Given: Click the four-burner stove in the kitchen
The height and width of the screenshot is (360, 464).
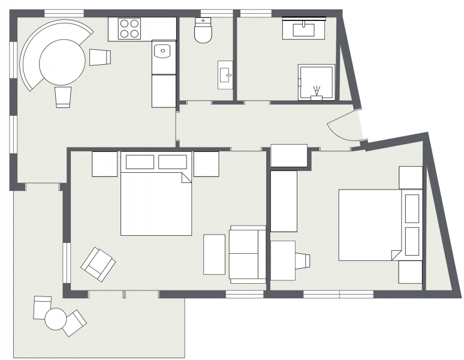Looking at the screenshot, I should pyautogui.click(x=129, y=29).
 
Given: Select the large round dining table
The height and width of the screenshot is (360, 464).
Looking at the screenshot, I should pyautogui.click(x=62, y=62).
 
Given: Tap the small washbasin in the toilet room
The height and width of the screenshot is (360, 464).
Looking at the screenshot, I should pyautogui.click(x=225, y=75).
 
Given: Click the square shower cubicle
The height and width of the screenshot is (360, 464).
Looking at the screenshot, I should pyautogui.click(x=316, y=82).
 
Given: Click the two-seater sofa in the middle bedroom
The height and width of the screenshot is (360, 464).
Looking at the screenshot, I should pyautogui.click(x=248, y=254).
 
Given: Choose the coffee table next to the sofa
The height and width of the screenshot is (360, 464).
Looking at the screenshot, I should pyautogui.click(x=214, y=254).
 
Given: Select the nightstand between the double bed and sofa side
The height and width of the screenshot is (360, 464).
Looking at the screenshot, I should pyautogui.click(x=206, y=164).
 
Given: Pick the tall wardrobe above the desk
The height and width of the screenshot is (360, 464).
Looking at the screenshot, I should pyautogui.click(x=284, y=201).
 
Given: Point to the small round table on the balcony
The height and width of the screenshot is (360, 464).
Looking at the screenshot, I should pyautogui.click(x=55, y=319).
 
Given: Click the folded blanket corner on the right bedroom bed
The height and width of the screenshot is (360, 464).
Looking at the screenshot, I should pyautogui.click(x=396, y=255).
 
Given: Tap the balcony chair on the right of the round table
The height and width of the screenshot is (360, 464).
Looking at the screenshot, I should pyautogui.click(x=74, y=323).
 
